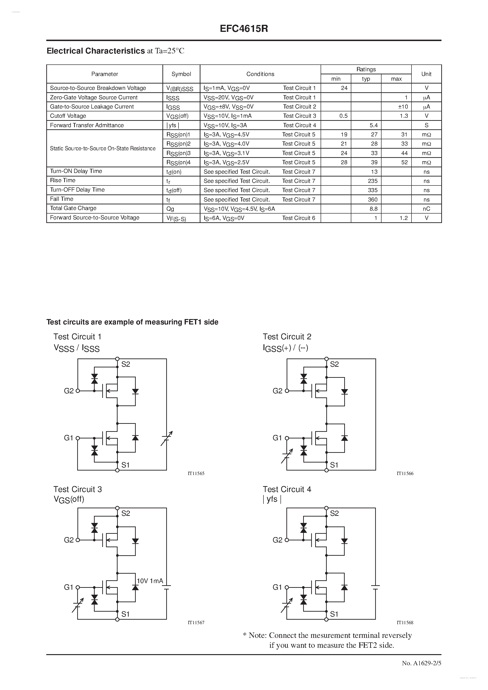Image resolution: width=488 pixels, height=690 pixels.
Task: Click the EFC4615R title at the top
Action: click(x=244, y=29)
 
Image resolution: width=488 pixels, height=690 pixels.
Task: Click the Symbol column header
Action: click(x=181, y=74)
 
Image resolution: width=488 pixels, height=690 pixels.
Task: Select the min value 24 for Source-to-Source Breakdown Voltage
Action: click(x=344, y=88)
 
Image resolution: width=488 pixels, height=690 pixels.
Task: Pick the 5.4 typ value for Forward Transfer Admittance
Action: click(x=373, y=125)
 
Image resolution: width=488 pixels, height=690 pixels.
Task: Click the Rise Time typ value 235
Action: click(x=373, y=181)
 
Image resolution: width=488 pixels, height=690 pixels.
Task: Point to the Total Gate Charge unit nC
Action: click(x=426, y=209)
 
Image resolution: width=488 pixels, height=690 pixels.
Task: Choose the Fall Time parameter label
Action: click(x=62, y=199)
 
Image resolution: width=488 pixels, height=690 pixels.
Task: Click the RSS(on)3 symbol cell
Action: click(x=178, y=153)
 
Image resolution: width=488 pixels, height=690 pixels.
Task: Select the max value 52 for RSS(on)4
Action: click(x=404, y=162)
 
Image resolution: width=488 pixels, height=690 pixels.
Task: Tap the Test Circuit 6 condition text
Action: click(x=299, y=218)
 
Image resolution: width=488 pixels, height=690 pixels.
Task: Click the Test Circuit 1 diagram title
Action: click(x=77, y=337)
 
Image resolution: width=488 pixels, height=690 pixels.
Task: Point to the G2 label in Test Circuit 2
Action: click(x=277, y=391)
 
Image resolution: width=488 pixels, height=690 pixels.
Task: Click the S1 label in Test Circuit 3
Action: click(x=125, y=614)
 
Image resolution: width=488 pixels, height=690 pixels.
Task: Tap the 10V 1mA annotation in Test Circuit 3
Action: click(x=150, y=581)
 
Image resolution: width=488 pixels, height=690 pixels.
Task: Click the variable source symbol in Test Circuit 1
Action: click(x=167, y=438)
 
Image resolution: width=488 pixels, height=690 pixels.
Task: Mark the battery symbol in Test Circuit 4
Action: click(x=376, y=586)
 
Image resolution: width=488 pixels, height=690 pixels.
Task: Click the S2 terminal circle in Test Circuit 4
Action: click(x=327, y=508)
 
